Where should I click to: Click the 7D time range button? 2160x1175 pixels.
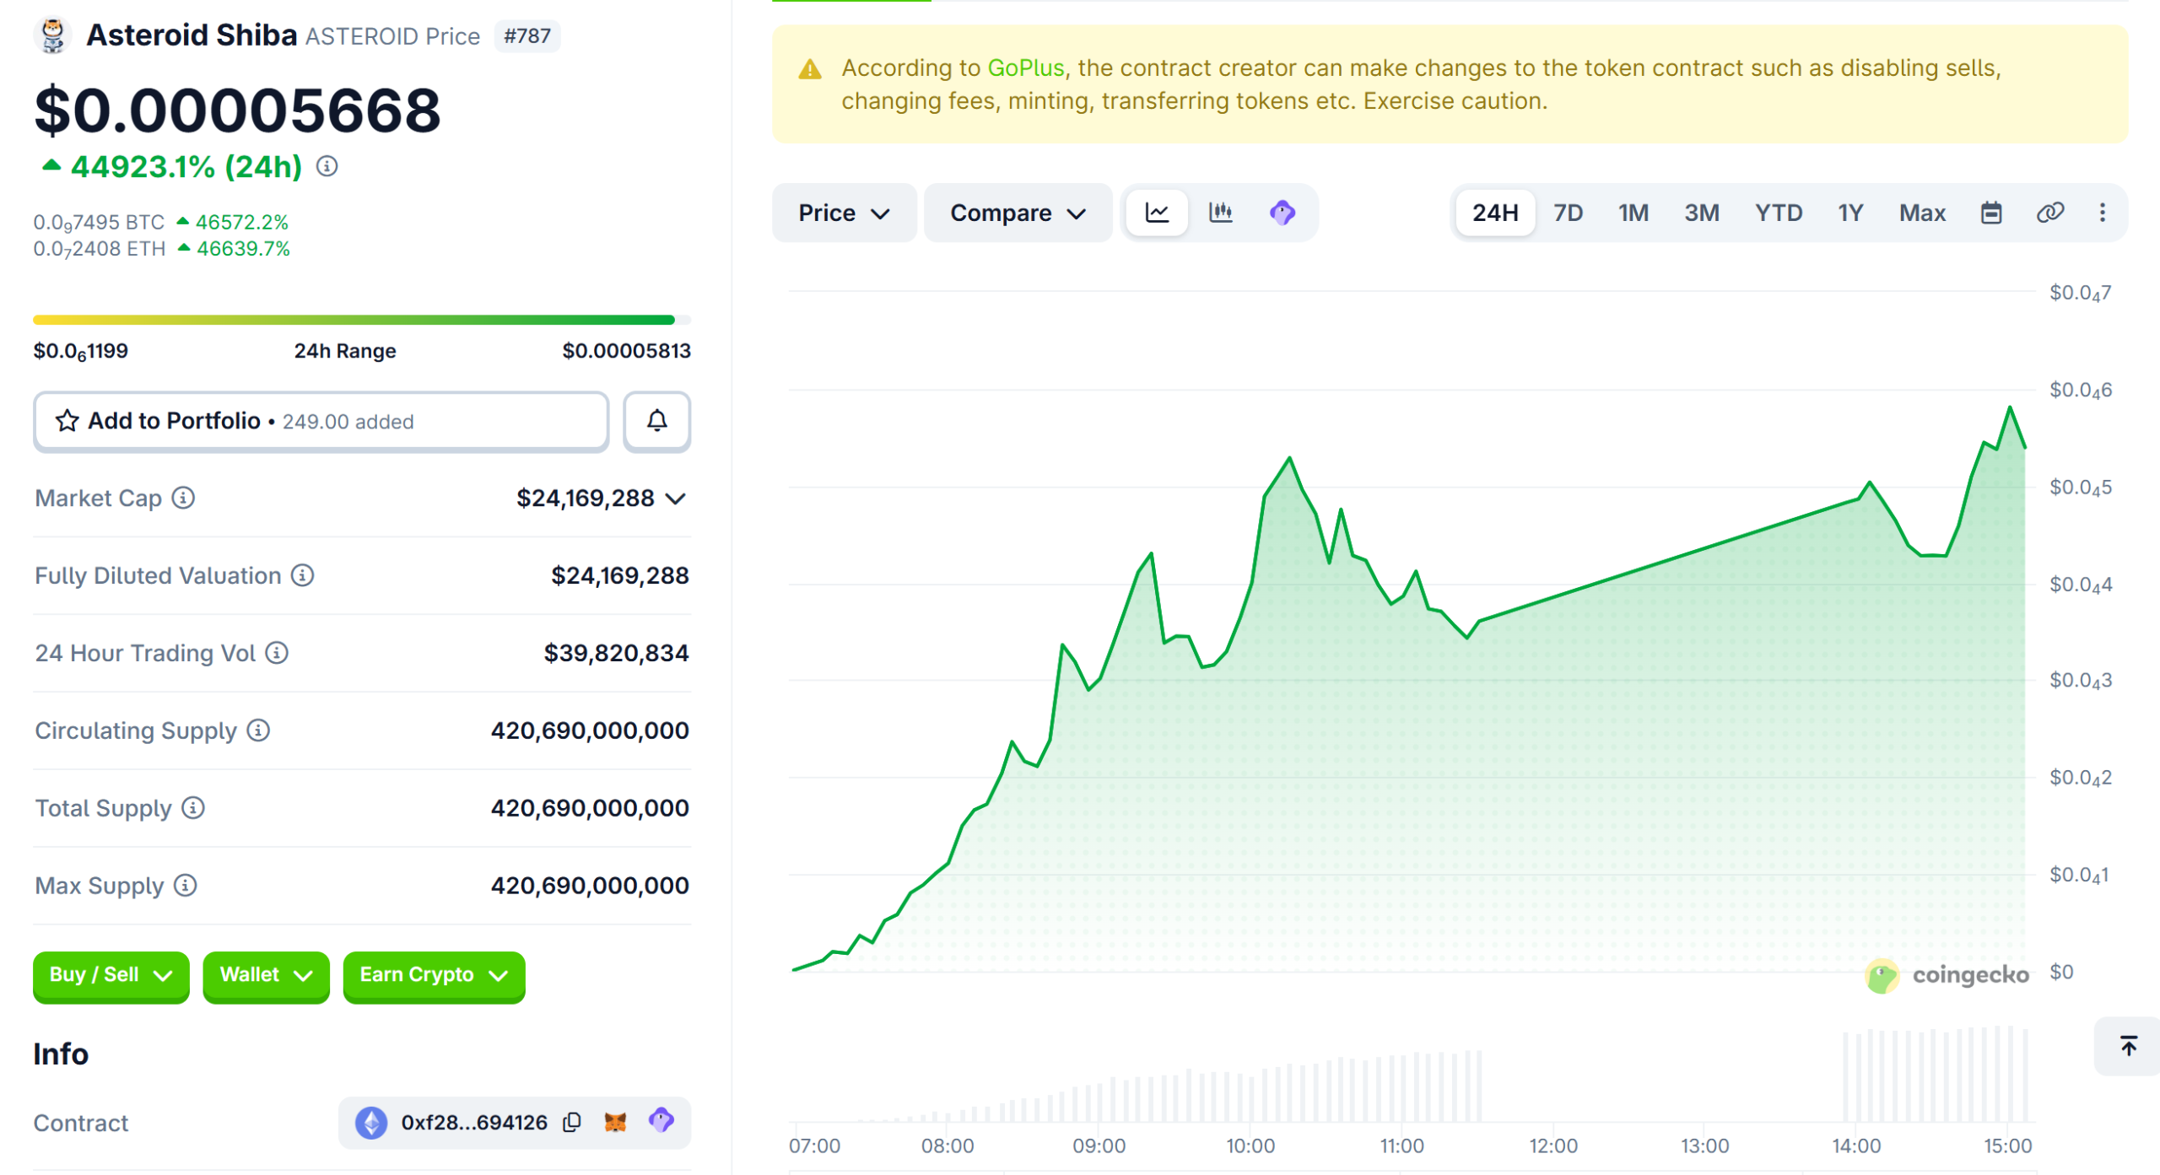tap(1568, 213)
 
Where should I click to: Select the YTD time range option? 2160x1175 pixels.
tap(1778, 213)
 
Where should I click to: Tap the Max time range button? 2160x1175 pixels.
tap(1921, 213)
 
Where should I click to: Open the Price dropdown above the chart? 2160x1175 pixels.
tap(843, 213)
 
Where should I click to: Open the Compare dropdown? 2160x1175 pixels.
tap(1017, 213)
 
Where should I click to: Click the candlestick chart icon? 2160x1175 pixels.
tap(1220, 213)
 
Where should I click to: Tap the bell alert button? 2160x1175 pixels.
tap(656, 421)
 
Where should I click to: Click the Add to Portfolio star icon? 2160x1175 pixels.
tap(67, 421)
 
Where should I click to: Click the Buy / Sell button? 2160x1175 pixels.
tap(111, 975)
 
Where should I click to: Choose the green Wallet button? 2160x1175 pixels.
tap(265, 975)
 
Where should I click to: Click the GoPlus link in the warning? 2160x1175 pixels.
tap(1025, 67)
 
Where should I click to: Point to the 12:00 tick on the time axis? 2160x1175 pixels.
tap(1552, 1145)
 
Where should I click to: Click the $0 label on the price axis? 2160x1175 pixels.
tap(2060, 972)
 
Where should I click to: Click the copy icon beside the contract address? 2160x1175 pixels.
tap(572, 1122)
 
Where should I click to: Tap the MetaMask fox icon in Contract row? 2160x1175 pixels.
tap(615, 1122)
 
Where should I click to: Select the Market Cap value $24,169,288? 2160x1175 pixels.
tap(585, 499)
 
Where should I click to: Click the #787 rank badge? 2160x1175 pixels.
tap(526, 36)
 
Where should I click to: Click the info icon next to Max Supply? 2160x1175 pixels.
tap(185, 886)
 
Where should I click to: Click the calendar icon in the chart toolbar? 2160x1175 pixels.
tap(1990, 213)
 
